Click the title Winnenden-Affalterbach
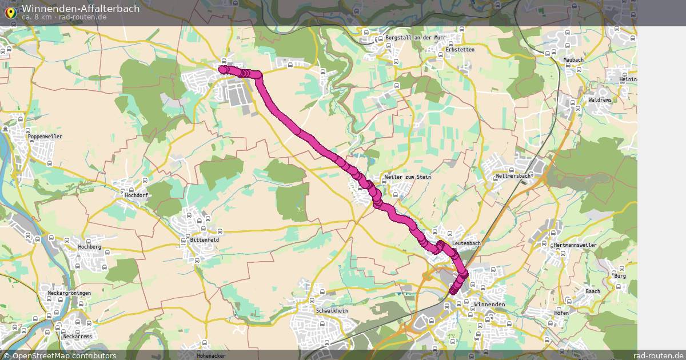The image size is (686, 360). [x=80, y=9]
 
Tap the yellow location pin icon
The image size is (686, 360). [x=10, y=11]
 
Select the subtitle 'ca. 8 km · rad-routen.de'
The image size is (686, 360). [x=64, y=17]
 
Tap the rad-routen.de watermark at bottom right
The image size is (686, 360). [x=658, y=355]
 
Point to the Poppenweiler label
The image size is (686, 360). [x=45, y=137]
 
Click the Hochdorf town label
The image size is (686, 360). [x=135, y=195]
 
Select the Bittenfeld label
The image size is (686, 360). [x=204, y=240]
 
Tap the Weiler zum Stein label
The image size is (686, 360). [x=408, y=177]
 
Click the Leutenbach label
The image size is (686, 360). [x=466, y=243]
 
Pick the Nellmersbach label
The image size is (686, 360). [x=513, y=176]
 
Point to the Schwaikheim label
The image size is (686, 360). [x=332, y=310]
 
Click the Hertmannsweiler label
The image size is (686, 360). [x=575, y=245]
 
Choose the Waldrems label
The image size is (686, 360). [x=599, y=100]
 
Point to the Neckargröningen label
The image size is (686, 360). [x=69, y=293]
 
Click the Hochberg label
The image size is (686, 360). [x=89, y=247]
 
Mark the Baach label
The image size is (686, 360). [x=593, y=291]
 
